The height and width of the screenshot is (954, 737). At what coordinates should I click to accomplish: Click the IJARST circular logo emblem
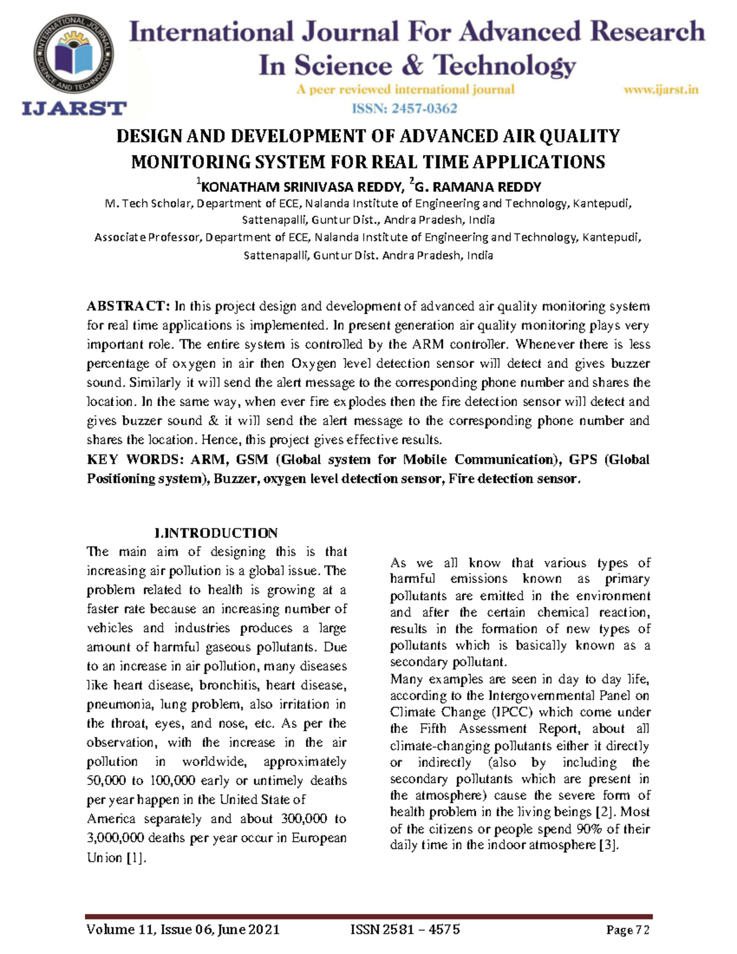[74, 55]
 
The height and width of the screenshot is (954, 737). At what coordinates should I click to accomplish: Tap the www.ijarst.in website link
[661, 90]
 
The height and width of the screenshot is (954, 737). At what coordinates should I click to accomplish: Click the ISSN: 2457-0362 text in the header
[404, 109]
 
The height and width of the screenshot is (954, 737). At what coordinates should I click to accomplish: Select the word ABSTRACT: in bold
[127, 306]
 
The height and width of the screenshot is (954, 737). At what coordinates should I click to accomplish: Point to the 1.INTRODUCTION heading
[216, 533]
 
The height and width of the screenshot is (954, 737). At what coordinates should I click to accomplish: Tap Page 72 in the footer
[627, 930]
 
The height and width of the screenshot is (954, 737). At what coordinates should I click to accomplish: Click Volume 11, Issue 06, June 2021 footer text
[183, 929]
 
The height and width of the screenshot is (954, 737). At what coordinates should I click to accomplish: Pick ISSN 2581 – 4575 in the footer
[405, 929]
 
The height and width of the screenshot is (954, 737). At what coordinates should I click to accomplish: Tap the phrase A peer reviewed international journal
[405, 90]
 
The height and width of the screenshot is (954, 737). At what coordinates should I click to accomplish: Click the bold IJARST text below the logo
[74, 109]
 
